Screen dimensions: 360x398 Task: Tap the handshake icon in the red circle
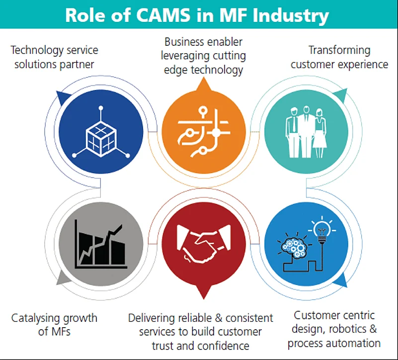click(204, 244)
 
